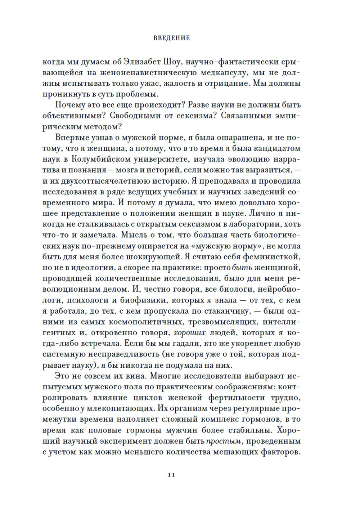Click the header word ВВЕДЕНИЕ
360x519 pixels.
pos(172,38)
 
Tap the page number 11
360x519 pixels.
pos(171,475)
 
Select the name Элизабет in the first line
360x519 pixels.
pos(143,62)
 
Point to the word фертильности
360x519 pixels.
pos(241,398)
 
